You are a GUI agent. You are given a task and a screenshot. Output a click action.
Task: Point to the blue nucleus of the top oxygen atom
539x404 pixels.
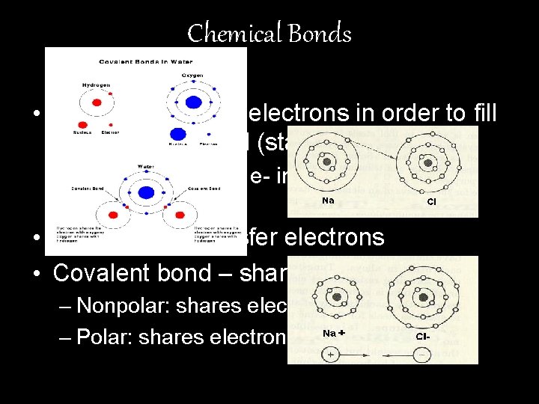coord(192,102)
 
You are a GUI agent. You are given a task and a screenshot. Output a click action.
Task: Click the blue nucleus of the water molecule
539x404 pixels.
coord(146,192)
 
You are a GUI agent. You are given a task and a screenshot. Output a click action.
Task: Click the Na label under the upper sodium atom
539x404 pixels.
coord(328,201)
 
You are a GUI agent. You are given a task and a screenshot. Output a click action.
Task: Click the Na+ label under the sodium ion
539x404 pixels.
coord(332,334)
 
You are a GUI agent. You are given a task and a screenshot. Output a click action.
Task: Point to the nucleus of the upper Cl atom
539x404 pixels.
coord(427,162)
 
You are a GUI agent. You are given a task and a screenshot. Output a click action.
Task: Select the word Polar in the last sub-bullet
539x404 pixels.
coord(97,337)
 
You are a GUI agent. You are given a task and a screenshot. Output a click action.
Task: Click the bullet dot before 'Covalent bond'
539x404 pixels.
coord(37,273)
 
